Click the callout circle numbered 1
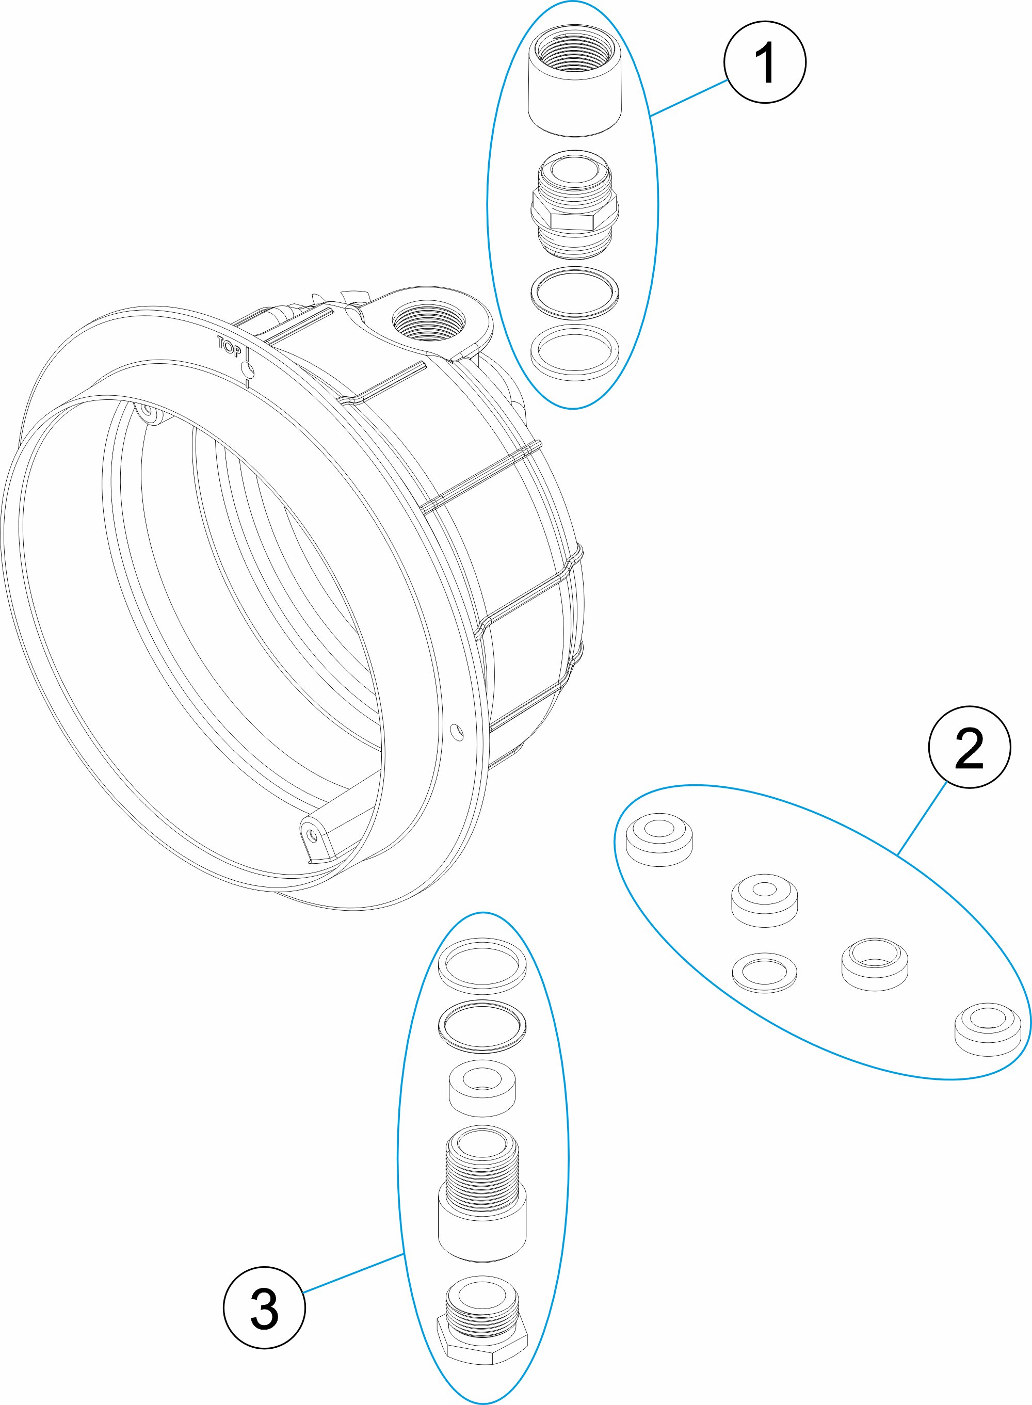pyautogui.click(x=765, y=62)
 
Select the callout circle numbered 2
pyautogui.click(x=970, y=747)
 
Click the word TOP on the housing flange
pyautogui.click(x=229, y=346)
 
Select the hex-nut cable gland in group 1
pyautogui.click(x=574, y=204)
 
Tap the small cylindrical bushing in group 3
pyautogui.click(x=482, y=1089)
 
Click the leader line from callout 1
pyautogui.click(x=688, y=98)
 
